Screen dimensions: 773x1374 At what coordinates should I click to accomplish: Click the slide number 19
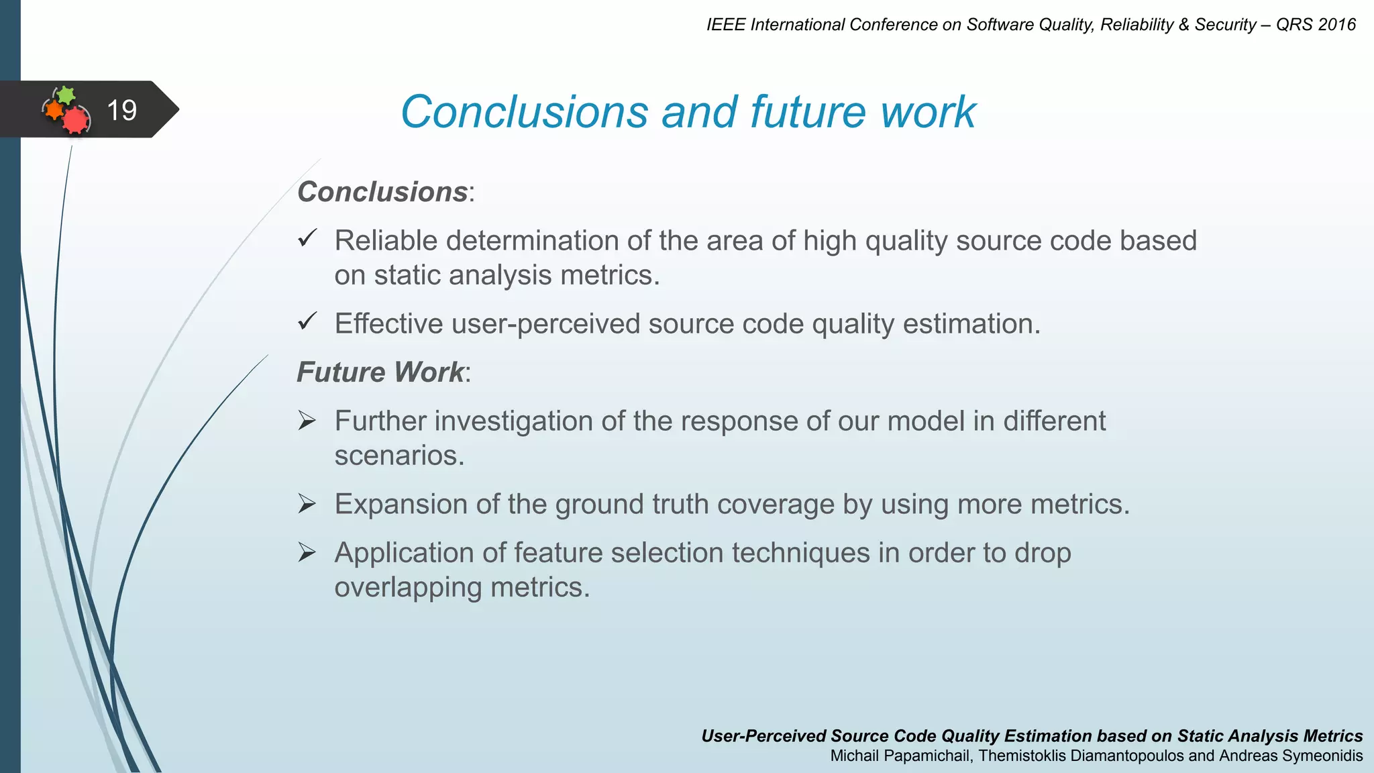point(121,110)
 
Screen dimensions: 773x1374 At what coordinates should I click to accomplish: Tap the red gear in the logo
point(76,120)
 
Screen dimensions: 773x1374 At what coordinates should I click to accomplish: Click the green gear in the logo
point(66,95)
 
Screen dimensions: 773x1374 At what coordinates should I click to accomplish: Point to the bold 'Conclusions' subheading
point(382,192)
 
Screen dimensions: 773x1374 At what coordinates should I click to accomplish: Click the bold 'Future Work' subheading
point(380,372)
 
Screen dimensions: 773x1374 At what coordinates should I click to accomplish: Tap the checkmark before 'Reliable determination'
point(307,238)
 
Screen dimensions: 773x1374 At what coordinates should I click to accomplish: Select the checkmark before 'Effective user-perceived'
point(307,321)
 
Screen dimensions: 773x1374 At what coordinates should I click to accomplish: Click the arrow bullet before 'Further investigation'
point(307,421)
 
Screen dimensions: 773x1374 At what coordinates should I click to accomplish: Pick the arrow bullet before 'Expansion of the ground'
point(307,504)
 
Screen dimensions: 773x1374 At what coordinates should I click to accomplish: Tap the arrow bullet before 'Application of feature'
point(307,553)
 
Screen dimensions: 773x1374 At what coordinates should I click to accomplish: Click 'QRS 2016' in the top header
point(1316,25)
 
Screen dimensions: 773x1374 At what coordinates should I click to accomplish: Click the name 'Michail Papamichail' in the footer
point(901,756)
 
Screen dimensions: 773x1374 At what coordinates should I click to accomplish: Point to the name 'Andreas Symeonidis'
point(1291,756)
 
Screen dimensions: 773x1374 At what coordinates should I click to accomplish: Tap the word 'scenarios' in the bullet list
point(399,456)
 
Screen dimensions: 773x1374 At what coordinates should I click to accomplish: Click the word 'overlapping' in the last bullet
point(408,588)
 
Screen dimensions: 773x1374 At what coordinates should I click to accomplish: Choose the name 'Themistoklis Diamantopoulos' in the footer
point(1081,756)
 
